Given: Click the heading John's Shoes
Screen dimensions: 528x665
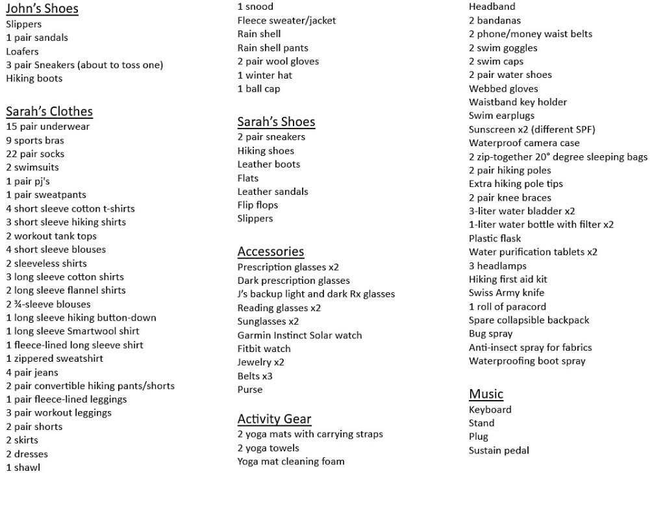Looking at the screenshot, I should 42,8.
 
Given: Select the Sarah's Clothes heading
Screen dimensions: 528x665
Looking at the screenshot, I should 49,111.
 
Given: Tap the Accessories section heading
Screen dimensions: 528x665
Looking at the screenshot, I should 270,251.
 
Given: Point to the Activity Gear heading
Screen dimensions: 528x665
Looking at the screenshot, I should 274,419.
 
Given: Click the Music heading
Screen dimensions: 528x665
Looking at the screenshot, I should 486,394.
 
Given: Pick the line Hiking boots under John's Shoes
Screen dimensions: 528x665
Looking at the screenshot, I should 34,79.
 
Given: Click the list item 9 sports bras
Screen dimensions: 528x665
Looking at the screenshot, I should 35,140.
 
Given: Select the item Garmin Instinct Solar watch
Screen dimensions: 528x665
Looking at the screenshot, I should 299,335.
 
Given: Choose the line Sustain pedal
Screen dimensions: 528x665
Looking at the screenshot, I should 499,450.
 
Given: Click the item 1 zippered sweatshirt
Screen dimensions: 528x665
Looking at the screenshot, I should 55,358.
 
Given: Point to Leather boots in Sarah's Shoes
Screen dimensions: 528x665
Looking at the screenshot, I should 268,164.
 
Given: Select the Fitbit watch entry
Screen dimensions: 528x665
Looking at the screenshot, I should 264,349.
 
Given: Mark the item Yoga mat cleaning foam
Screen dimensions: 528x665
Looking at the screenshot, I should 290,462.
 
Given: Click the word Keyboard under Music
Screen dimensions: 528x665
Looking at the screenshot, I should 490,410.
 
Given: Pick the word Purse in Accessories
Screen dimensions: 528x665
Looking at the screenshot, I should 250,390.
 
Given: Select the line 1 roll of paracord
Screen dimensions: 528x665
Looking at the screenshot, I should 507,307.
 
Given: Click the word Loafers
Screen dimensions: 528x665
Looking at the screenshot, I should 23,51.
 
